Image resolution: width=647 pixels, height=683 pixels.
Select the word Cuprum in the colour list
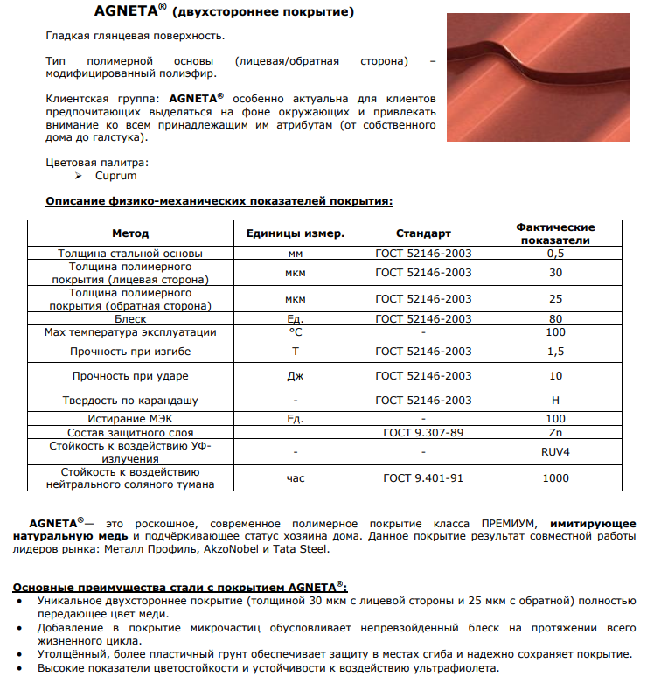(116, 176)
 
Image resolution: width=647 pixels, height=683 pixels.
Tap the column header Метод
(130, 233)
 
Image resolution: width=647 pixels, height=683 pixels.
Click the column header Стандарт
(423, 233)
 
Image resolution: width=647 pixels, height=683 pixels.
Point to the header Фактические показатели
(555, 233)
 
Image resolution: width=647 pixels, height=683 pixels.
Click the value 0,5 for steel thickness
(555, 253)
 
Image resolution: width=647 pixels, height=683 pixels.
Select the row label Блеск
(130, 319)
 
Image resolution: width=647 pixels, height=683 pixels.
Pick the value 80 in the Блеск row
(555, 319)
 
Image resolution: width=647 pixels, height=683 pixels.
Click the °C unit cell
(295, 332)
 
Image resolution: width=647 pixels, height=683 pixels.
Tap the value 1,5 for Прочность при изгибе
(555, 352)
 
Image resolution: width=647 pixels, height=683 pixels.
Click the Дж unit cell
(295, 376)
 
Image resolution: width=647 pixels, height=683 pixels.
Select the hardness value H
(555, 400)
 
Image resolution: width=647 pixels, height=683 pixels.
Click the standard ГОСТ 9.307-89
(423, 432)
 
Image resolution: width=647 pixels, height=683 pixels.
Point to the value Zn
(555, 432)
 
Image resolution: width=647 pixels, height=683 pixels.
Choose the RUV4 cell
(555, 452)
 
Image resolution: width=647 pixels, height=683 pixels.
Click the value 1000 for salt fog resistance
(555, 478)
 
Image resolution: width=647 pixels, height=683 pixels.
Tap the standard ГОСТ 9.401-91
(423, 478)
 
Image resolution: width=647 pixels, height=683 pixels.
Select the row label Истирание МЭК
(130, 419)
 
